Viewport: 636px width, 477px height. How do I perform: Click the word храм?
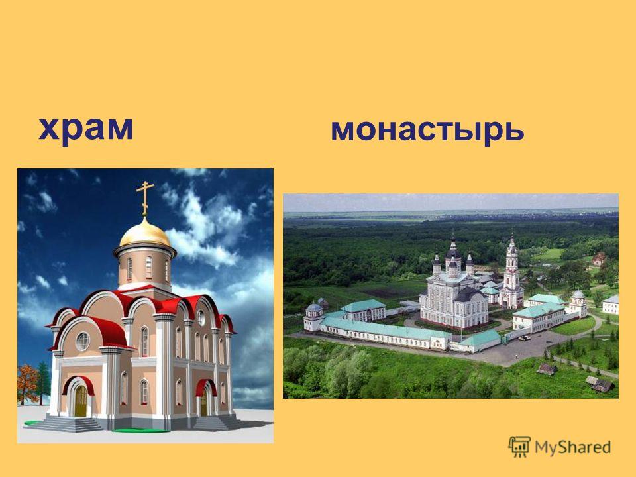point(85,129)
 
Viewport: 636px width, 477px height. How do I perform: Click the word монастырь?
point(427,130)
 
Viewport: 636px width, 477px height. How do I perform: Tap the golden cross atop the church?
point(145,198)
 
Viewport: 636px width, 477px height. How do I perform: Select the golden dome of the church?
point(145,233)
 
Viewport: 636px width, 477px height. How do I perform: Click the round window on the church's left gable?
point(82,342)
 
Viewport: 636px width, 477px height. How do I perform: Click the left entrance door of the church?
point(81,401)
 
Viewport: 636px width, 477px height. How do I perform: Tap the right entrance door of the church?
point(204,401)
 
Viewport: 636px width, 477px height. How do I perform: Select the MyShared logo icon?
point(519,447)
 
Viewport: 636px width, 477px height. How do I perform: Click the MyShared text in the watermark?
point(572,447)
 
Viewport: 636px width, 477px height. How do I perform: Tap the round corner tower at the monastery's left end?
point(313,317)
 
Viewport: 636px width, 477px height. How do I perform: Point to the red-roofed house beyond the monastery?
point(599,259)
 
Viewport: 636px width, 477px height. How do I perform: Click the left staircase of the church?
point(67,424)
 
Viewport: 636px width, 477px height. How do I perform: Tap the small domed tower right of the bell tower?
point(578,303)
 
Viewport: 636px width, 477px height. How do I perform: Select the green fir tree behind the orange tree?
point(44,382)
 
